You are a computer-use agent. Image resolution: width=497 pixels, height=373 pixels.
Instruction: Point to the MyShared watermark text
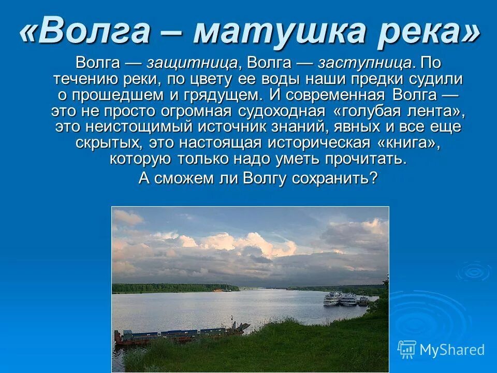click(452, 350)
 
